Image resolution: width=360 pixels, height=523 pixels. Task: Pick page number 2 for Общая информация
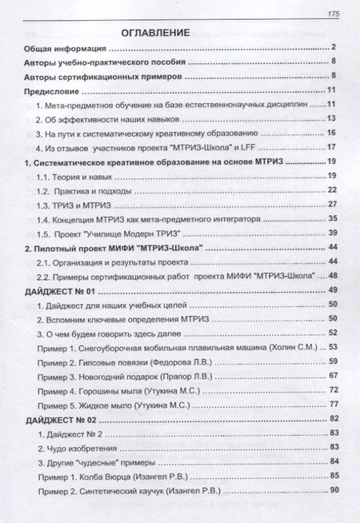[337, 48]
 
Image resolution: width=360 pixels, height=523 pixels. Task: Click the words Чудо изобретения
[82, 448]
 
